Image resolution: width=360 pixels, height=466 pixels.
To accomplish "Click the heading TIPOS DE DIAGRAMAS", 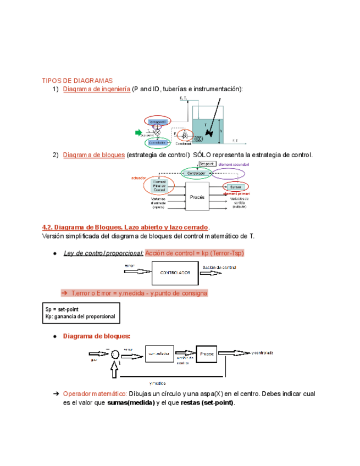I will coord(77,80).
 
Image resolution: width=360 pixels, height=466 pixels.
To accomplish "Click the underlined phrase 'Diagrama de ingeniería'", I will coord(97,89).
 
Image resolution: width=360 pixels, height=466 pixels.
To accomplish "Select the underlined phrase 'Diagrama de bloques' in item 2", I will coord(94,155).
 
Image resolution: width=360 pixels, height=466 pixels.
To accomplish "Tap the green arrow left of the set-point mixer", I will coord(139,132).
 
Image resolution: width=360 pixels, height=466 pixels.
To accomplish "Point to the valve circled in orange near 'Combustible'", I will coord(185,135).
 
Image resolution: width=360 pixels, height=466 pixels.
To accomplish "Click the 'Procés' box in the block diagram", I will coord(197,197).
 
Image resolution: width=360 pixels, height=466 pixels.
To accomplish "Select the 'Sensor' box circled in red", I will coord(236,187).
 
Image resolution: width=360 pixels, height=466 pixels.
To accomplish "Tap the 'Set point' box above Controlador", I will coord(206,164).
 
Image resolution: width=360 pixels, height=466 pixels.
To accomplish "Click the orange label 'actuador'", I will coord(139,178).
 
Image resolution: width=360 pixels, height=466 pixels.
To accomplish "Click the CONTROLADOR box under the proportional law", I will coord(175,273).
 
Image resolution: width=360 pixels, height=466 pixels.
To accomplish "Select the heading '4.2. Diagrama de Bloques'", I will coord(125,227).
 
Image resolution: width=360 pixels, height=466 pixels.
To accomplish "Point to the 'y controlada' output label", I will coord(262,352).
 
